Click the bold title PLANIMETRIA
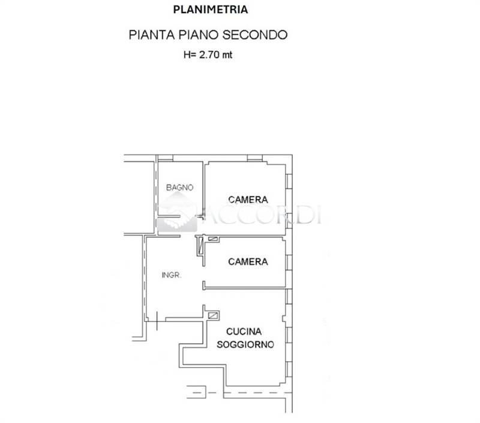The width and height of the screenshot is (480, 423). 211,10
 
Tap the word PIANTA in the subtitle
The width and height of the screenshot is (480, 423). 152,35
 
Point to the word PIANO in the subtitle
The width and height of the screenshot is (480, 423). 199,35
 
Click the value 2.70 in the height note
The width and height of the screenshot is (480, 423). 209,55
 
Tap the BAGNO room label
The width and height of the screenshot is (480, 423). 179,187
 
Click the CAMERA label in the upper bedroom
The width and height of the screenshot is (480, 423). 248,199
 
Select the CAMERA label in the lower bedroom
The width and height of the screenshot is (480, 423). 248,261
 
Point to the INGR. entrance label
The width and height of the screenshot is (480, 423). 172,275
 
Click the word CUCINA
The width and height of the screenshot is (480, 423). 244,331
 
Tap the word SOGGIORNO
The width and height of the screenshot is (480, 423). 245,344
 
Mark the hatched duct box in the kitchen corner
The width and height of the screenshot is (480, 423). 213,315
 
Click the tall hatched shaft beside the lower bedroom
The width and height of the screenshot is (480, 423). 200,245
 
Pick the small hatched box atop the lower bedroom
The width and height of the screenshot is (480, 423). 213,239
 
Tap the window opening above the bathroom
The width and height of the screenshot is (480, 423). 166,158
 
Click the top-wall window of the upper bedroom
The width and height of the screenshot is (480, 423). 254,158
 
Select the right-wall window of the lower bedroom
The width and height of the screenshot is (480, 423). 289,263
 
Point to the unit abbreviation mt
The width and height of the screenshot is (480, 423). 227,55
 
